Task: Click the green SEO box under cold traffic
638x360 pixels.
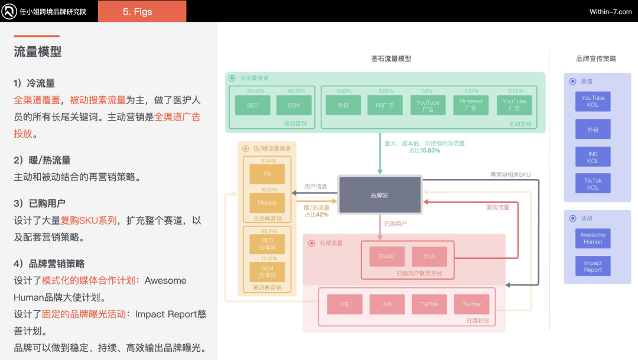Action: (252, 105)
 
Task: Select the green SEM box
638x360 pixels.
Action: (294, 105)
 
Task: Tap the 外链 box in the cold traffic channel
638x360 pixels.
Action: (343, 105)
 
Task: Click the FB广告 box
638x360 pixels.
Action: (385, 105)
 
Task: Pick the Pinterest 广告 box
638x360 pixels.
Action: (471, 105)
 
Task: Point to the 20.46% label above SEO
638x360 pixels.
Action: (255, 91)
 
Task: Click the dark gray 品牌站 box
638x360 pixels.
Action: (380, 195)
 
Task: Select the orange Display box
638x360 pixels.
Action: (267, 203)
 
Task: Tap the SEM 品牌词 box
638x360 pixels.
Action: (267, 272)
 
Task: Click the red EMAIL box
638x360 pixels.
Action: (387, 257)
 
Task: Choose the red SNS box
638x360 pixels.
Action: (429, 257)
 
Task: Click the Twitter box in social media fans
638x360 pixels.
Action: (471, 304)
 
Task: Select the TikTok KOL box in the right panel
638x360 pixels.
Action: (593, 184)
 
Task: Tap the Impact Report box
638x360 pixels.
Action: (593, 266)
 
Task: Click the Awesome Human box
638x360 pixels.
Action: (593, 238)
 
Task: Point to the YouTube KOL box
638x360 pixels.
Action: (593, 101)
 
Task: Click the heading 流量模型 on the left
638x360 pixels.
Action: (38, 52)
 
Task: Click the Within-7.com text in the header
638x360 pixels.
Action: (610, 12)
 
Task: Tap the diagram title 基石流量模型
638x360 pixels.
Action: (390, 59)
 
